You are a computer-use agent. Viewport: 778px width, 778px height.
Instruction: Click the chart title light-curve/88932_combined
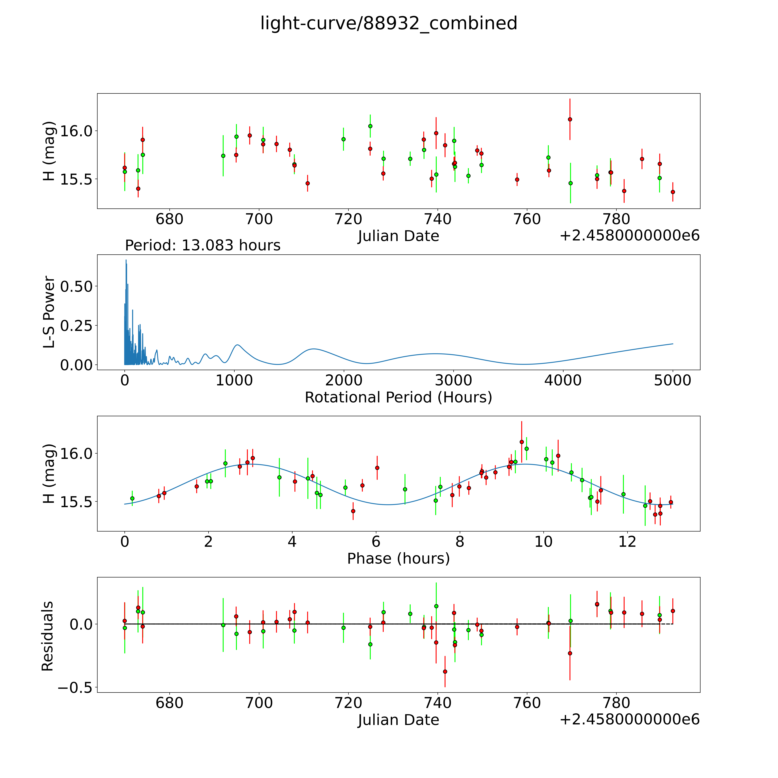pyautogui.click(x=389, y=23)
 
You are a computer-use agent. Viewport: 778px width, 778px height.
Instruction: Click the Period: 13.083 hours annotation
pyautogui.click(x=203, y=245)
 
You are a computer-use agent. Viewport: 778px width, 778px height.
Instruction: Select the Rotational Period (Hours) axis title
pyautogui.click(x=398, y=398)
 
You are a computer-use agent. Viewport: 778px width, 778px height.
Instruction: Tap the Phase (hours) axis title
pyautogui.click(x=398, y=559)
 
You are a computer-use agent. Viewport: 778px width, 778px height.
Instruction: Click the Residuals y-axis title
pyautogui.click(x=48, y=636)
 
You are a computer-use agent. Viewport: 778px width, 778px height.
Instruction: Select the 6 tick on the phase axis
pyautogui.click(x=376, y=542)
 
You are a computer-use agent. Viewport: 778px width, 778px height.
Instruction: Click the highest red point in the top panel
pyautogui.click(x=570, y=119)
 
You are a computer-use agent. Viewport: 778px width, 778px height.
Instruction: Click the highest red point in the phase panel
pyautogui.click(x=522, y=442)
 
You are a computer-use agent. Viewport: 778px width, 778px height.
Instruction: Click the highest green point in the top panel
pyautogui.click(x=370, y=126)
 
